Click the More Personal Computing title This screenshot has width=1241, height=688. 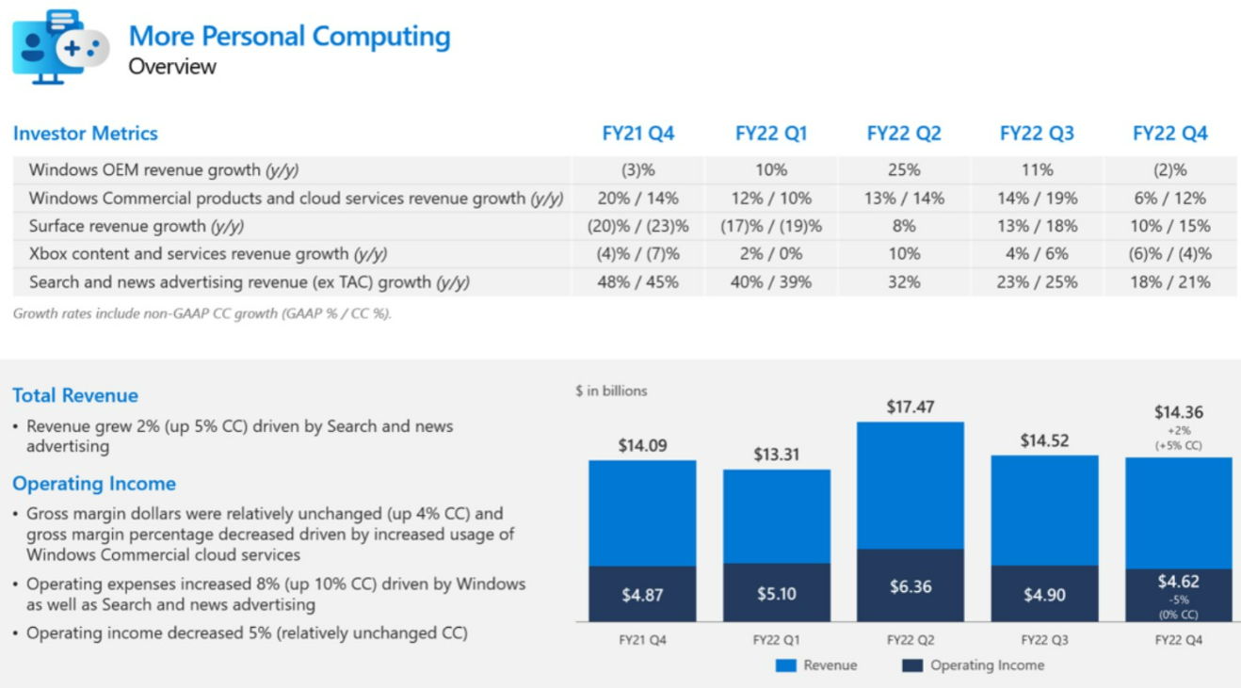coord(289,36)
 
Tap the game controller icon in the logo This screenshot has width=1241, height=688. coord(83,48)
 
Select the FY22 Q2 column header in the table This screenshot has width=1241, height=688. coord(903,134)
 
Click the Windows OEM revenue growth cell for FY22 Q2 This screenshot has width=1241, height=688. coord(903,170)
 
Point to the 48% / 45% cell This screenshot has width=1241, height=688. coord(637,281)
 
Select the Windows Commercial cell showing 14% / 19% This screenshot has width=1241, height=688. coord(1036,199)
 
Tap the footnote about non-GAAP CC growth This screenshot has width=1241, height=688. coord(201,313)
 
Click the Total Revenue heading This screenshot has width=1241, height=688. coord(75,395)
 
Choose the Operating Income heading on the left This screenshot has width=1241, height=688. coord(94,484)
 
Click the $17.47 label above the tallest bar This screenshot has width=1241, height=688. coord(910,408)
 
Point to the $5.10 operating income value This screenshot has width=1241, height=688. coord(776,594)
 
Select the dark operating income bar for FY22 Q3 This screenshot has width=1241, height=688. coord(1043,594)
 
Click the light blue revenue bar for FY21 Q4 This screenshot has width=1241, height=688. coord(642,513)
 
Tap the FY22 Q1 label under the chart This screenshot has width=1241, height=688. coord(776,640)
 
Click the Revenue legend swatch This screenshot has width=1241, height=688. coord(785,665)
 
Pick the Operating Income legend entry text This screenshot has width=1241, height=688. coord(987,665)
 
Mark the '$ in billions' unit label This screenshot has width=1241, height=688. coord(611,391)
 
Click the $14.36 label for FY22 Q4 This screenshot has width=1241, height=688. coord(1178,412)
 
